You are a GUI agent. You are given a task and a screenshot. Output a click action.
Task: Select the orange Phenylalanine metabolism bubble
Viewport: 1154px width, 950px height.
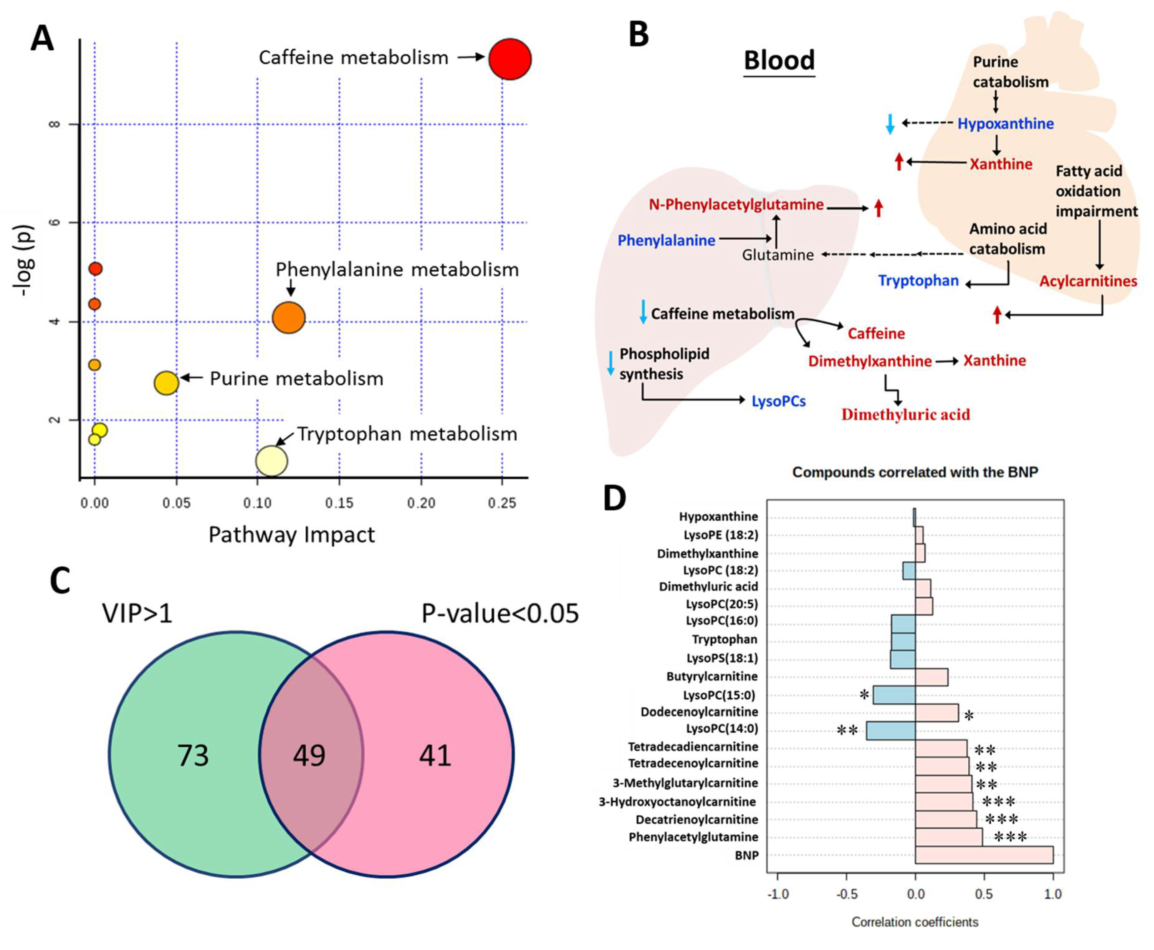pos(288,317)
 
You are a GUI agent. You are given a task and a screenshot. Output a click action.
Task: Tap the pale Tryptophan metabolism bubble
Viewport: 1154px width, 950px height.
pos(271,461)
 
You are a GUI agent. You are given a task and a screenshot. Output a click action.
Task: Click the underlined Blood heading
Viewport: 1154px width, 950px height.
pos(779,60)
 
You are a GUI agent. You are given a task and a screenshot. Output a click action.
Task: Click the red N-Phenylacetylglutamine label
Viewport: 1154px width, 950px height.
pos(735,205)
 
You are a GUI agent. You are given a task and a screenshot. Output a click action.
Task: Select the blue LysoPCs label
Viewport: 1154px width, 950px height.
pos(778,401)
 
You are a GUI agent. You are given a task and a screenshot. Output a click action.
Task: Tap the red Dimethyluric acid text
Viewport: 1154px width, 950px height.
pos(905,415)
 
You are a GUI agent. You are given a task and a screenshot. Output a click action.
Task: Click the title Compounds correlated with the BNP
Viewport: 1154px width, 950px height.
pos(915,472)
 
